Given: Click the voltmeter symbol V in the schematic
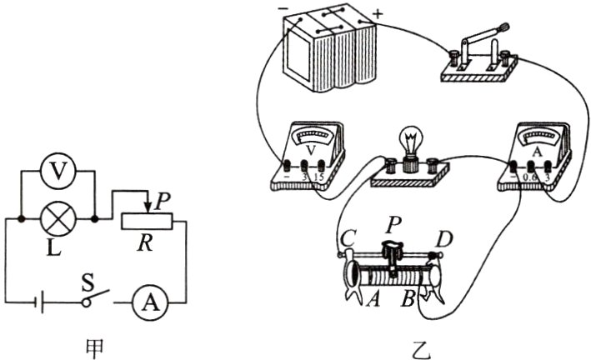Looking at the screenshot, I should (x=57, y=172).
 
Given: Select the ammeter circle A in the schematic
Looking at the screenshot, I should (x=150, y=302).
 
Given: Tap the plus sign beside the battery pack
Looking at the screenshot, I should (x=379, y=14).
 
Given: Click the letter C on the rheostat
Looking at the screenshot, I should (x=344, y=238).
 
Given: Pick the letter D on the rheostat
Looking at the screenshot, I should (x=446, y=240).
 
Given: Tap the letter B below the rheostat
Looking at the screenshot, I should (x=409, y=297).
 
